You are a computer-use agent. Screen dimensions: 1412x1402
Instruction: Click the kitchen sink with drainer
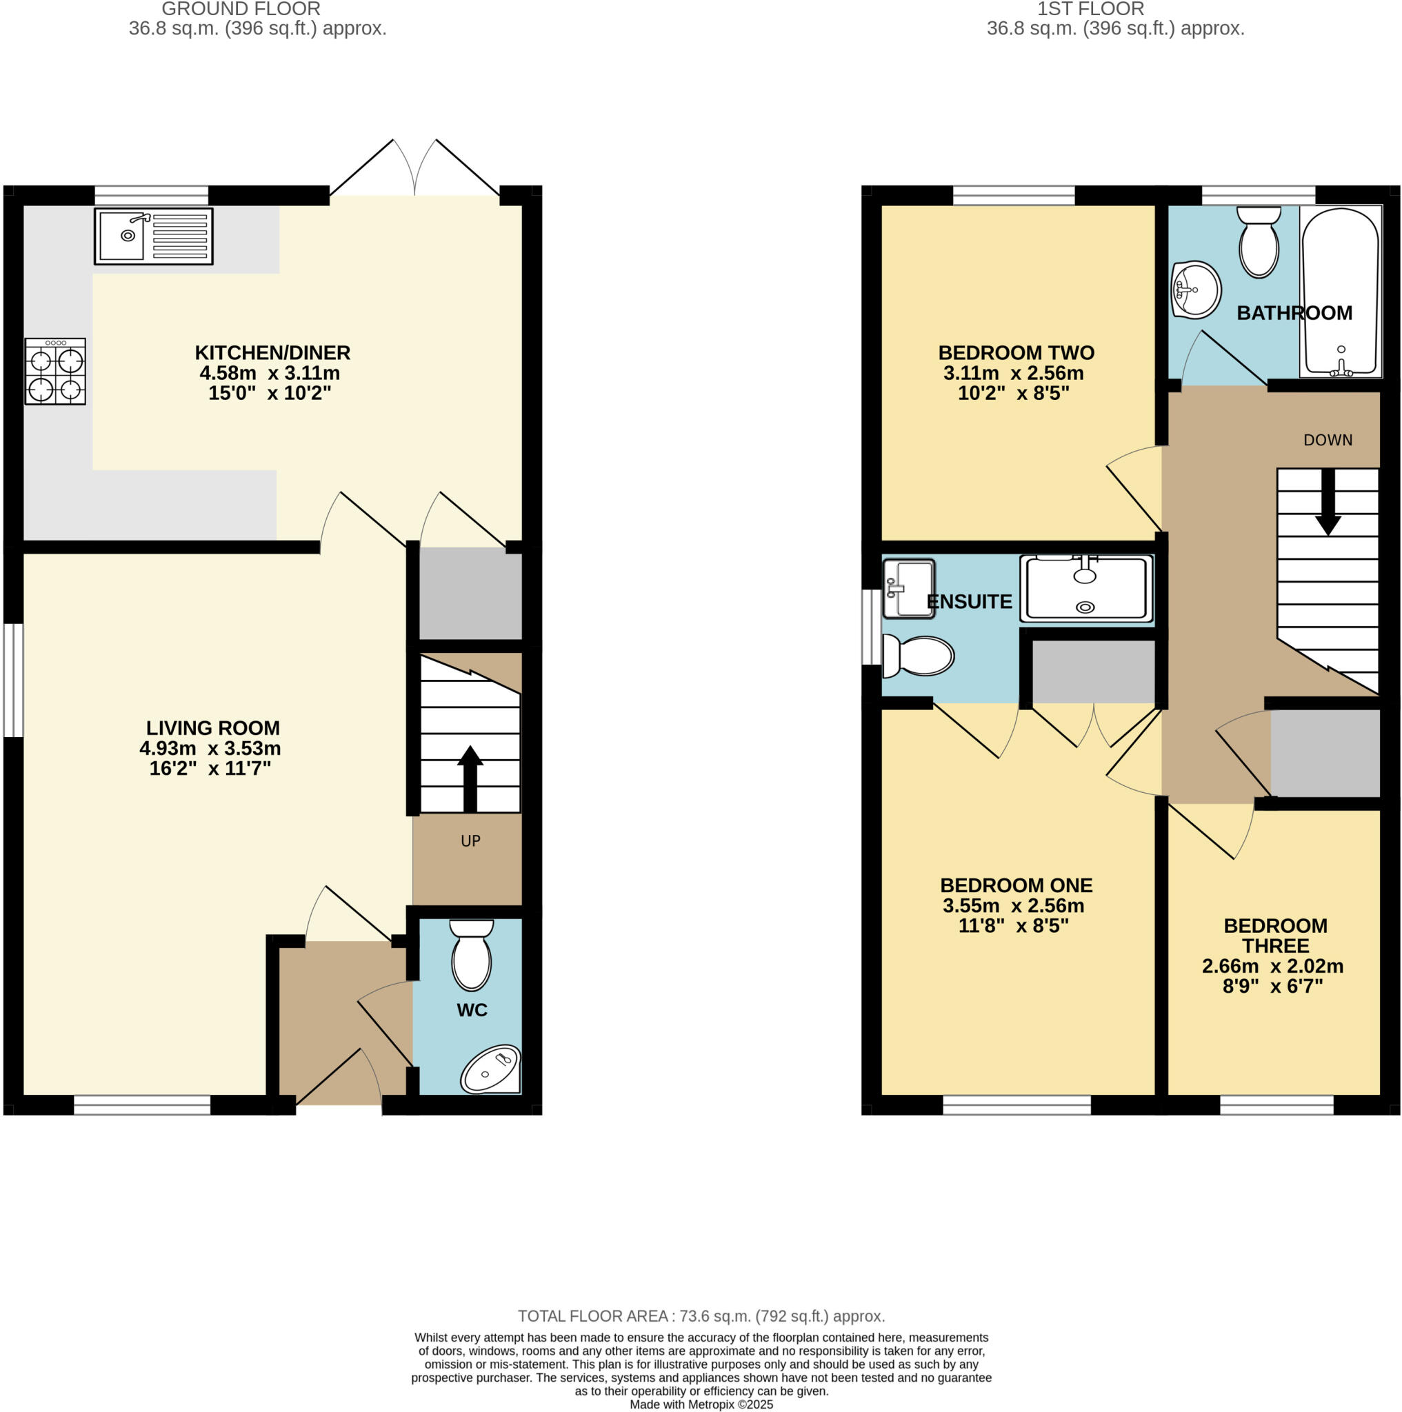click(x=154, y=236)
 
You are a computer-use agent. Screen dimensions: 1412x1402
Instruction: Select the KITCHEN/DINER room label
click(x=272, y=353)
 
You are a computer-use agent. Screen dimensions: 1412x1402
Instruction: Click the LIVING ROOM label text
click(x=212, y=728)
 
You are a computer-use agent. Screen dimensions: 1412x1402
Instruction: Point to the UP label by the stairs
click(x=470, y=841)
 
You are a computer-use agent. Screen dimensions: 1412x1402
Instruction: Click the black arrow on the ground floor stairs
click(x=470, y=778)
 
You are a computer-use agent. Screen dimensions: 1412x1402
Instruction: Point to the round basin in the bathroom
click(x=1196, y=290)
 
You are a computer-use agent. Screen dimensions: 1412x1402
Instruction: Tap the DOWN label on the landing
click(x=1328, y=440)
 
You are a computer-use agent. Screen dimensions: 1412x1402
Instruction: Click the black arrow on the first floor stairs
click(x=1328, y=502)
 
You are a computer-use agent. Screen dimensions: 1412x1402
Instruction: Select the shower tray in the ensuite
click(x=1086, y=589)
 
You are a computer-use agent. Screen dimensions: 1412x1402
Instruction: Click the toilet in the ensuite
click(x=918, y=656)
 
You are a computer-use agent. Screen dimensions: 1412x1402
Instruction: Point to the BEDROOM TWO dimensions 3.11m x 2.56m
click(x=1013, y=374)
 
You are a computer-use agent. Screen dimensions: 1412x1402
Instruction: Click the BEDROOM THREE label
click(x=1276, y=936)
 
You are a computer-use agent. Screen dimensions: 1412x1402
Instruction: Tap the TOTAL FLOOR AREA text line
click(x=701, y=1316)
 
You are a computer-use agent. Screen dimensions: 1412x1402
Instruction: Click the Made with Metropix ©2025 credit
click(x=701, y=1404)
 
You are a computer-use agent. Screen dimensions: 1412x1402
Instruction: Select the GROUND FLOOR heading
click(x=241, y=10)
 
